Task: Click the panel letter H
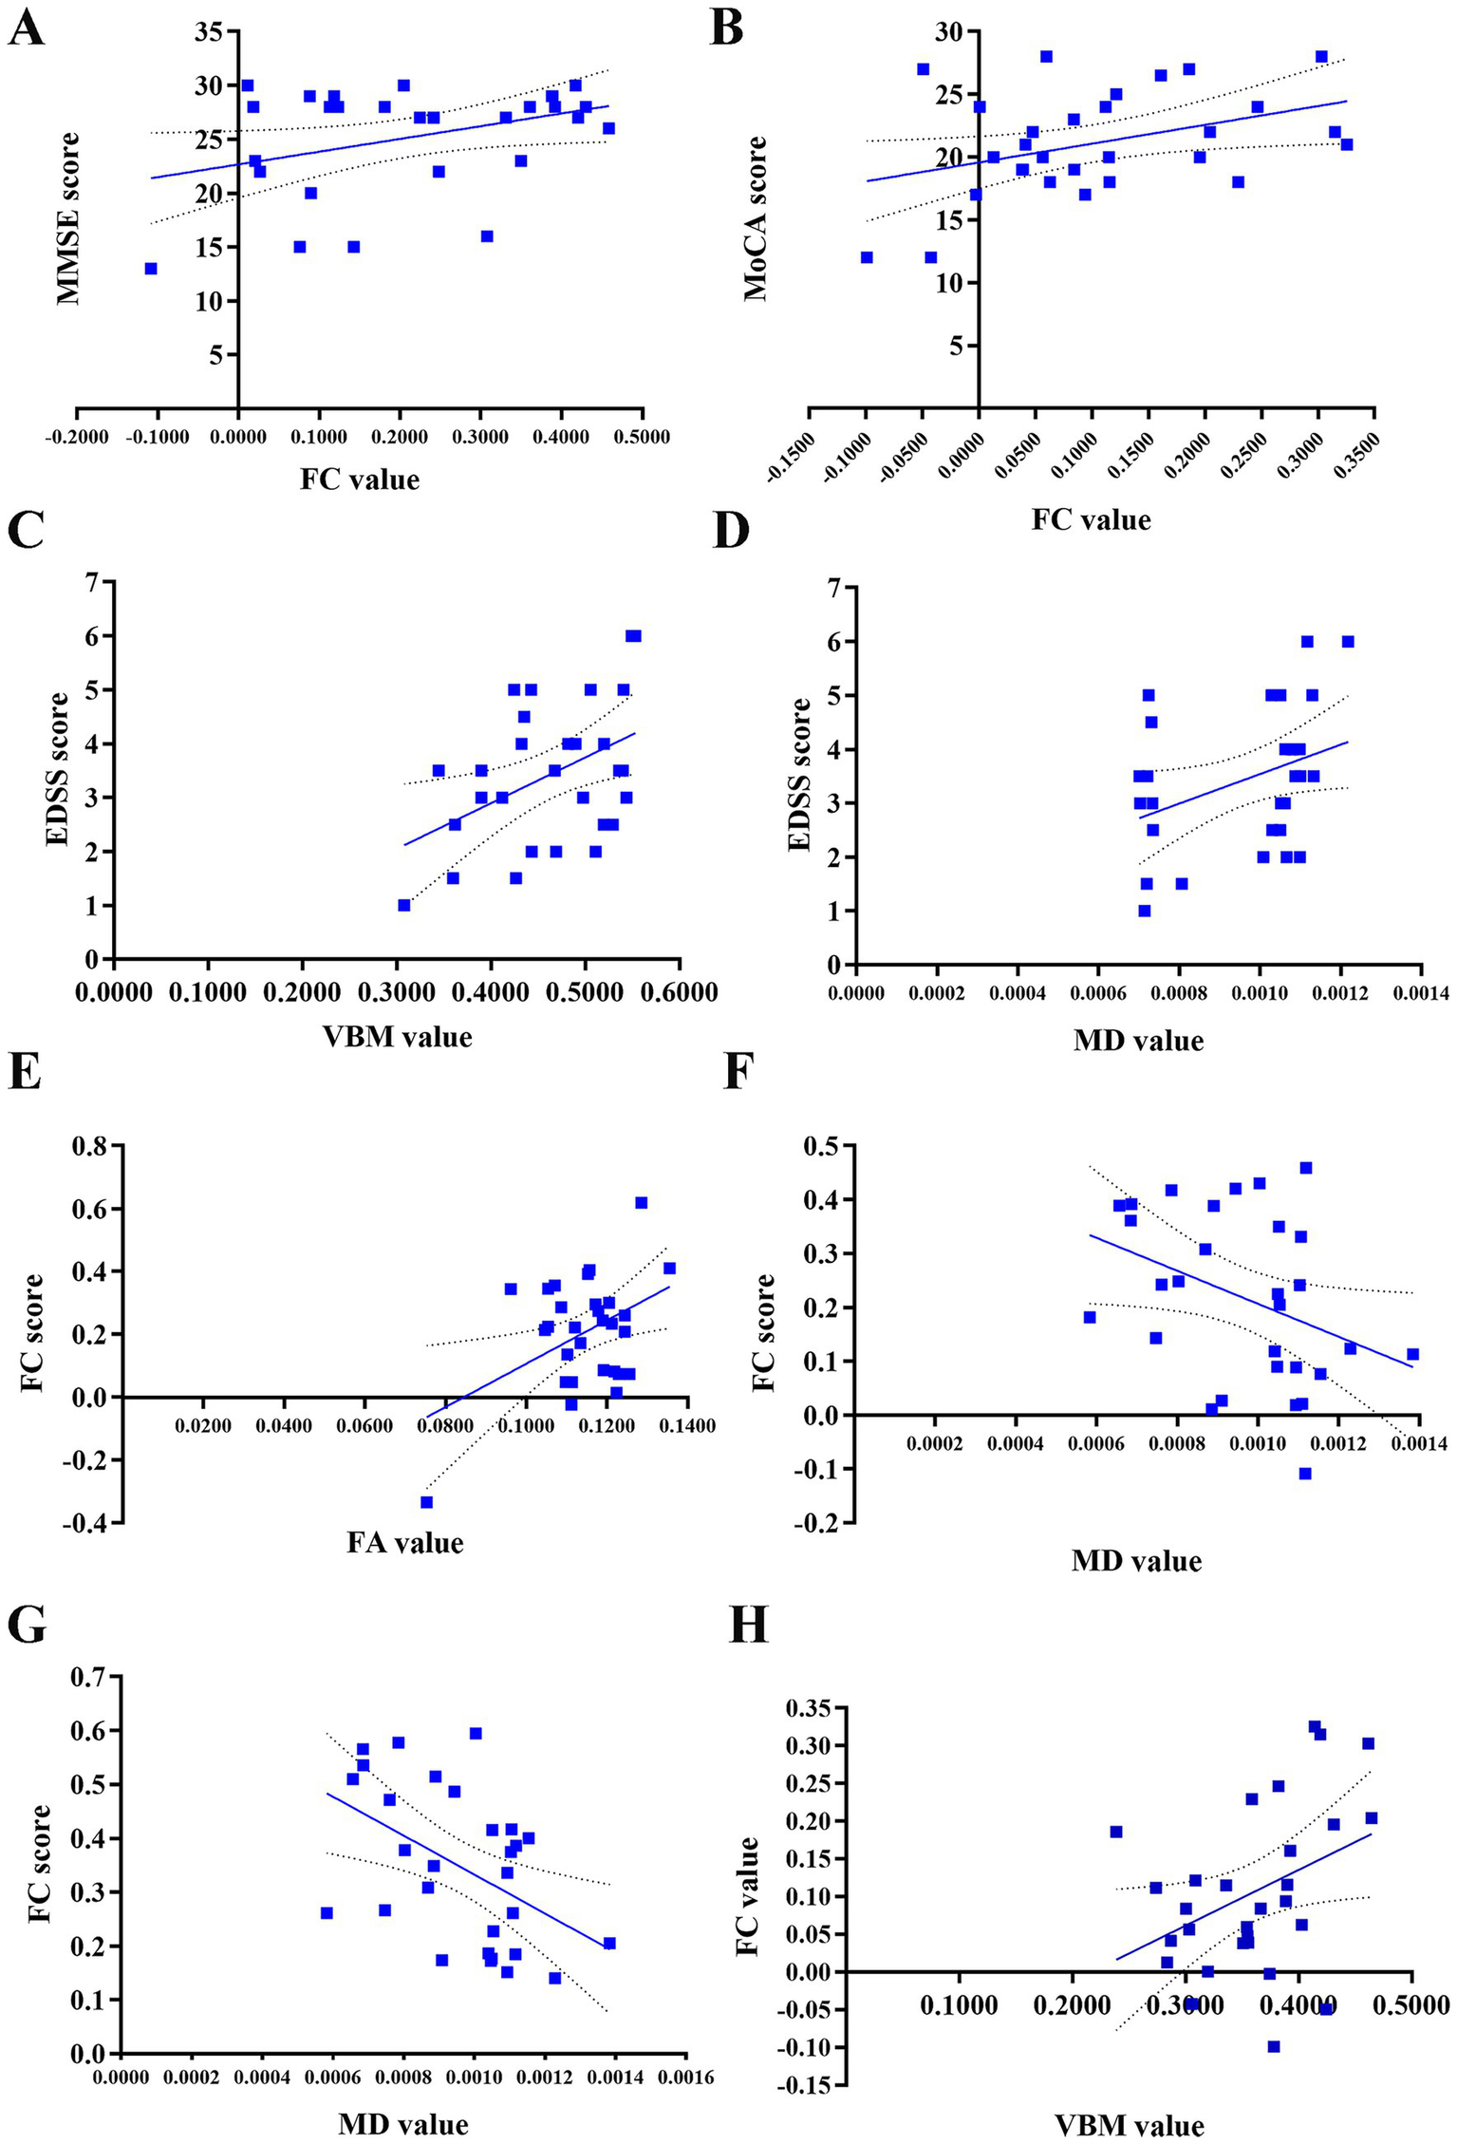coord(748,1625)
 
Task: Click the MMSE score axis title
coord(68,218)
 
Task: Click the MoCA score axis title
coord(756,218)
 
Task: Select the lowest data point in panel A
coord(151,269)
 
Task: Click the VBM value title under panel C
coord(398,1037)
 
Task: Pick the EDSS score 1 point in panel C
coord(403,905)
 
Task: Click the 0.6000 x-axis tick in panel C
coord(679,992)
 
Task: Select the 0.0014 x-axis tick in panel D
coord(1420,993)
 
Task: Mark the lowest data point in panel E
coord(426,1502)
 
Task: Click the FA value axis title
coord(405,1543)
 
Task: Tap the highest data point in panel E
coord(641,1203)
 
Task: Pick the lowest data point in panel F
coord(1305,1474)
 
